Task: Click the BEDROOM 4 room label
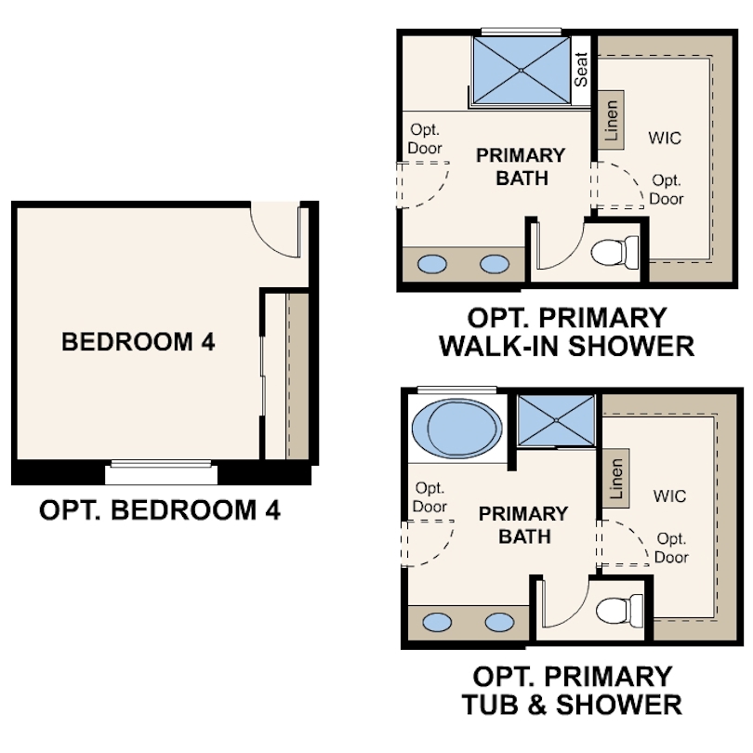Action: [139, 342]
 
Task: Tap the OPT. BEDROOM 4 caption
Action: [160, 510]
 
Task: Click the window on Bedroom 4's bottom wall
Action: [161, 464]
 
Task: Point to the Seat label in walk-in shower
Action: [581, 70]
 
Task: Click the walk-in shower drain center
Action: [521, 70]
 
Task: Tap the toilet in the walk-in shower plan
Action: [614, 252]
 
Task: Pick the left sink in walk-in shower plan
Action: [432, 264]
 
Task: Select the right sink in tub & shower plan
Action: [499, 622]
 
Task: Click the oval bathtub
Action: [457, 429]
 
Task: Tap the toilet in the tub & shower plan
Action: [619, 611]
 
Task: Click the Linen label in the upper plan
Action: [611, 120]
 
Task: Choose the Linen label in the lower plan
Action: [616, 479]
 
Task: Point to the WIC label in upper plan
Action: [665, 138]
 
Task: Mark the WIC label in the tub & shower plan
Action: [670, 496]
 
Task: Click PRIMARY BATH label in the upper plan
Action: [521, 166]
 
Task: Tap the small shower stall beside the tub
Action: [556, 420]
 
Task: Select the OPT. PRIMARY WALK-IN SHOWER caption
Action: [567, 332]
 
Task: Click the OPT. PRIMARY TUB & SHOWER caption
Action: [572, 691]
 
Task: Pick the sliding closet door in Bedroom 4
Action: [263, 376]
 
